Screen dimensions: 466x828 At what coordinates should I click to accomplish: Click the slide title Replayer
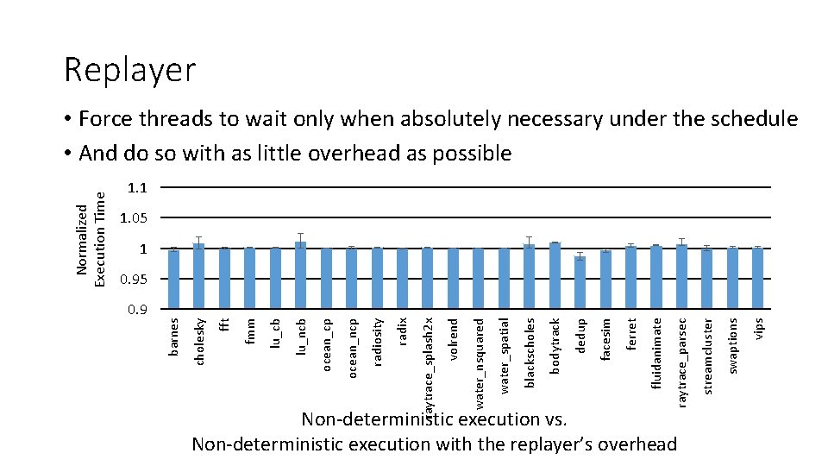(130, 70)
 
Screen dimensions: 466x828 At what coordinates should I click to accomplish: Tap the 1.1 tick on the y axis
(137, 187)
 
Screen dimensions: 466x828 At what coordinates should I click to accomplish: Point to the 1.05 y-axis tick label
(134, 218)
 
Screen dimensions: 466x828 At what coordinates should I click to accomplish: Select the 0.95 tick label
(134, 280)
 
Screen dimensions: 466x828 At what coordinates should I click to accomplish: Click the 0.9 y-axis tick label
(137, 310)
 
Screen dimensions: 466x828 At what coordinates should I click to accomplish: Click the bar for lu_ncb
(300, 275)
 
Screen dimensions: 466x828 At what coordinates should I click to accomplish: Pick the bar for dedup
(580, 282)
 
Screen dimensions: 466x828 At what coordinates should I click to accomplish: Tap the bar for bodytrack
(555, 276)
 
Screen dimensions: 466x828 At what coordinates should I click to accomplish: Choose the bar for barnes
(173, 280)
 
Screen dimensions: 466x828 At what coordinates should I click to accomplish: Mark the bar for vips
(757, 279)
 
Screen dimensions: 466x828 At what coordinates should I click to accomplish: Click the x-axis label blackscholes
(530, 352)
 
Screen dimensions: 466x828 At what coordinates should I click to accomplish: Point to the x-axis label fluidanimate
(656, 353)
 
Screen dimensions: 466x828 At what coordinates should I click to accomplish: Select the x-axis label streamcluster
(707, 356)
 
